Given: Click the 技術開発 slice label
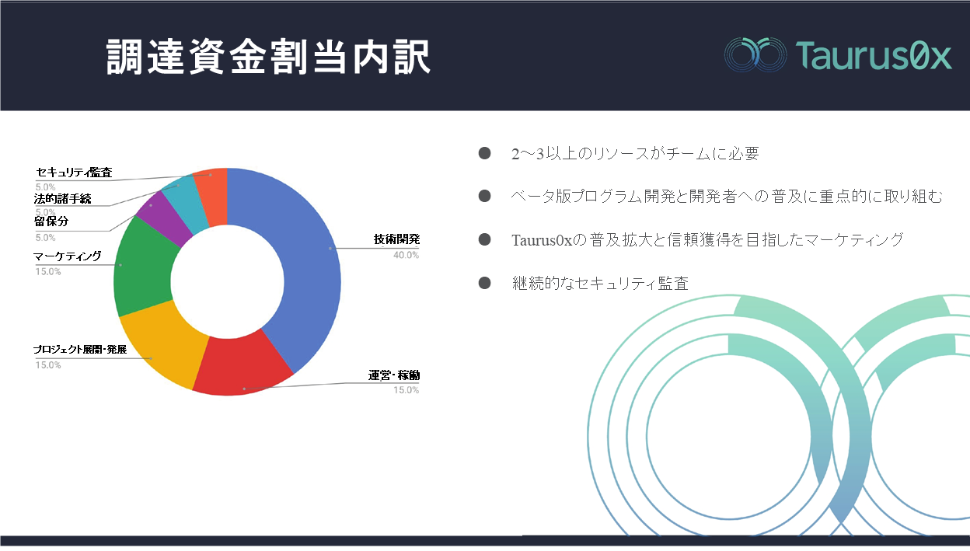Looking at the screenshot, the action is coord(396,239).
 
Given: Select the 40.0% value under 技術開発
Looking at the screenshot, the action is coord(406,255).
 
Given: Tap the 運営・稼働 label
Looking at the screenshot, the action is coord(394,375).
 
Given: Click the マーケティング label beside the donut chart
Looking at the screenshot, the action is coord(68,256).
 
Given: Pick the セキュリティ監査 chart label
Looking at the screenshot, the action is coord(74,173).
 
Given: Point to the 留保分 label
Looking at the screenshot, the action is coord(51,221).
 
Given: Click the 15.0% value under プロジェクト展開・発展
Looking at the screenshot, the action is coord(48,365).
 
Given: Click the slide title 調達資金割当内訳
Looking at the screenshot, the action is coord(268,57).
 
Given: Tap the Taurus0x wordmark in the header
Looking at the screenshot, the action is coord(874,55).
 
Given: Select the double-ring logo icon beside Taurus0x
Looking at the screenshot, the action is coord(755,54).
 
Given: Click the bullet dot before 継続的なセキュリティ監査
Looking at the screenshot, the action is coord(484,283).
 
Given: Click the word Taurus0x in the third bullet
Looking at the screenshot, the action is coord(542,240).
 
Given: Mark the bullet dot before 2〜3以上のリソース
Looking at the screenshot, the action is coord(484,153).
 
